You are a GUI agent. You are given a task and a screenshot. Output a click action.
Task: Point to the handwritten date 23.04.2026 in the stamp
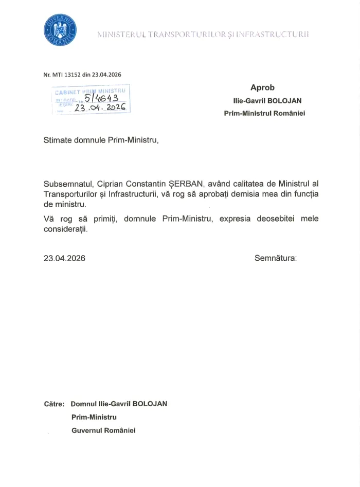[x=100, y=108]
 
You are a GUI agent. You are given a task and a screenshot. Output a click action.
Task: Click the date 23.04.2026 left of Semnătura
[x=64, y=258]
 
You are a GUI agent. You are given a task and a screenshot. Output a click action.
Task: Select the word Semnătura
[x=275, y=258]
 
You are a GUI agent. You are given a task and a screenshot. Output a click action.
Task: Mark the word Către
[x=54, y=404]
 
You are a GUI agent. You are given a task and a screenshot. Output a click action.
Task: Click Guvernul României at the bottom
[x=103, y=430]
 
